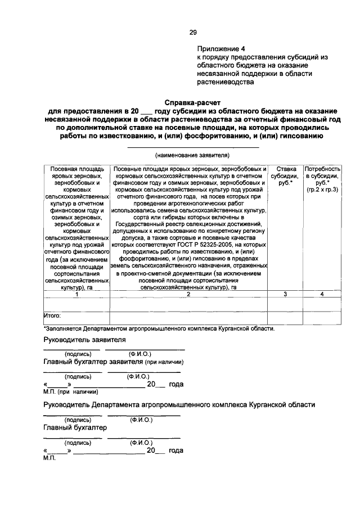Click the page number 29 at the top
(x=192, y=32)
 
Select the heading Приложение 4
(x=224, y=49)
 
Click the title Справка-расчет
(x=190, y=103)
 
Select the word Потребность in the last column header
(x=322, y=168)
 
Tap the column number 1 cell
(x=76, y=294)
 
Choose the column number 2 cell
(x=188, y=294)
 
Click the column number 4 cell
(x=322, y=294)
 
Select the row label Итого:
(x=52, y=316)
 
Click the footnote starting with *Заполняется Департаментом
(x=159, y=328)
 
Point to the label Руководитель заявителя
(x=84, y=340)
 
